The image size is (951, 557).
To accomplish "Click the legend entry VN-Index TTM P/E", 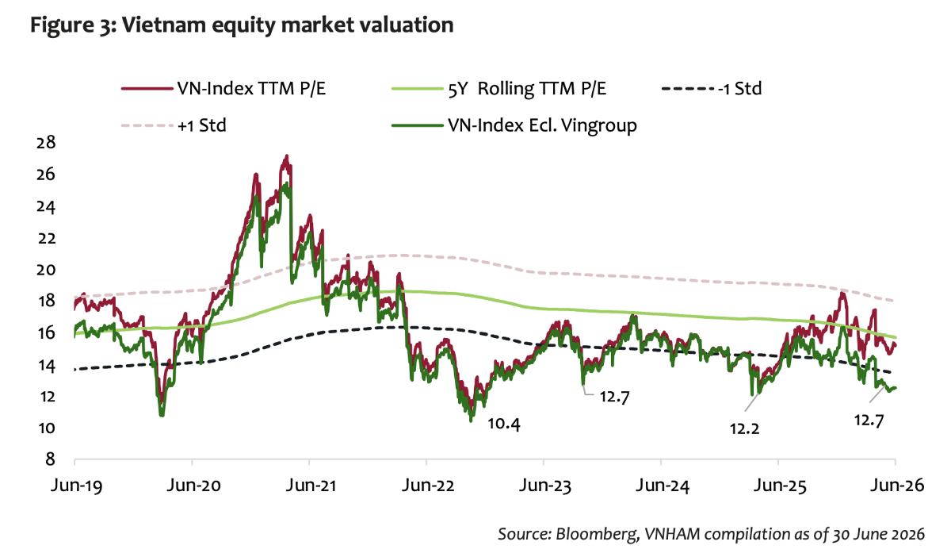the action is pos(223,89).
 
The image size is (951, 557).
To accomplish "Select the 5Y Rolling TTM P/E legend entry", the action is pos(498,89).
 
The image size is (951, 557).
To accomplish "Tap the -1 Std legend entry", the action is pos(712,89).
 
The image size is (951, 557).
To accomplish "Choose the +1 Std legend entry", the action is pos(174,125).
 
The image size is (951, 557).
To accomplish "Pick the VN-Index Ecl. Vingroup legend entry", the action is pos(514,125).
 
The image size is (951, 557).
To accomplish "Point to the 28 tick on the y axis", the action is pos(46,143).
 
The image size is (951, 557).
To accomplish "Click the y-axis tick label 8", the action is pos(50,459).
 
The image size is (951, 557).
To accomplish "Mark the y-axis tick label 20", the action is pos(46,270).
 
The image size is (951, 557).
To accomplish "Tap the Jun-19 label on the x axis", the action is pos(76,486).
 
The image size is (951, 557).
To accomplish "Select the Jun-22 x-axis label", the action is pos(428,486).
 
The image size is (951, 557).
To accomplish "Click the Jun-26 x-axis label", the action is pos(897,486).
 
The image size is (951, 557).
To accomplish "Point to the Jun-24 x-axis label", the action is pos(663,486).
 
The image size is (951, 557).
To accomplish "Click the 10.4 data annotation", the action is pos(503,424).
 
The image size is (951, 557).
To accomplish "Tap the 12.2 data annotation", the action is pos(745,429).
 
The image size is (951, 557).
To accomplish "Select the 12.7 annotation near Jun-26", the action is pos(869,421).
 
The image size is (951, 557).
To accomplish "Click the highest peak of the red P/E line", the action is pos(287,156).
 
